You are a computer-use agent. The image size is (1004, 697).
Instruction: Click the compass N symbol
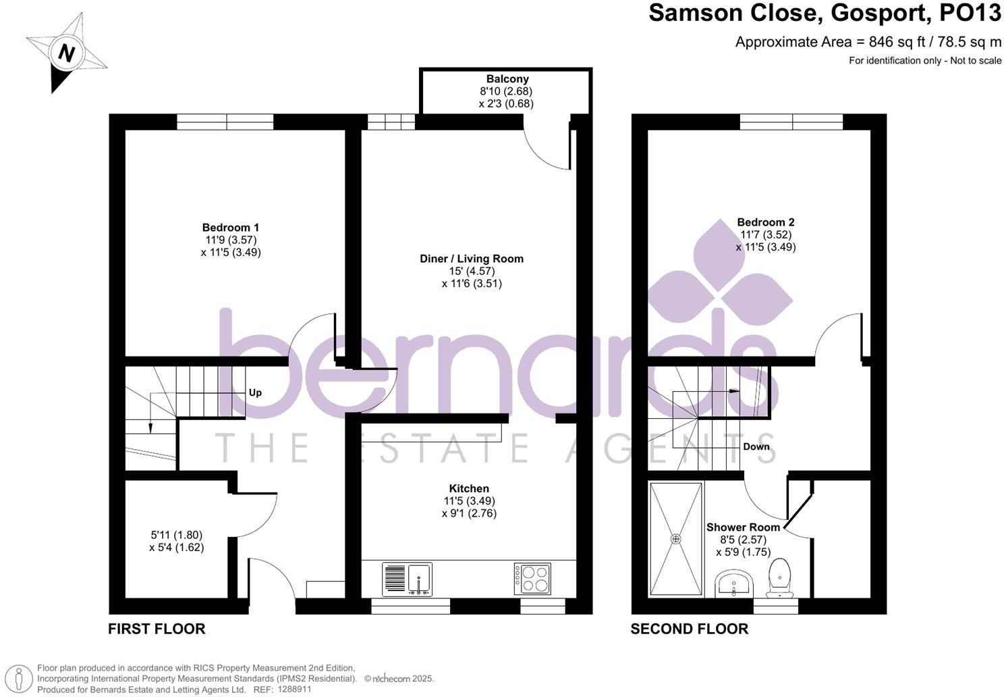click(65, 53)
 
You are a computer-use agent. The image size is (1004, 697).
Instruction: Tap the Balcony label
click(507, 79)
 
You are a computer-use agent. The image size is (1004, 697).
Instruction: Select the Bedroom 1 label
click(230, 228)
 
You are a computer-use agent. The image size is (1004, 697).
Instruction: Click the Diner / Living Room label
click(471, 259)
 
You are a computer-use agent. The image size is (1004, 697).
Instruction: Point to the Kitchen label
click(469, 488)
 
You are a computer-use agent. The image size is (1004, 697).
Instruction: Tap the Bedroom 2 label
click(765, 222)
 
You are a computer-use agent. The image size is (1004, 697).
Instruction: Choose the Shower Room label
click(742, 527)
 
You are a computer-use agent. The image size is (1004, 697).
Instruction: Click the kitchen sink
click(408, 579)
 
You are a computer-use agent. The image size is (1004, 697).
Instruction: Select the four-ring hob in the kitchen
click(532, 579)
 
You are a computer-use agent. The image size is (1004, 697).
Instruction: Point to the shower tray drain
click(675, 539)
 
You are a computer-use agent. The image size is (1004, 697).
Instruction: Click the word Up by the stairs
click(255, 392)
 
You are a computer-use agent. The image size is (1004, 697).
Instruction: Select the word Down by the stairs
click(756, 446)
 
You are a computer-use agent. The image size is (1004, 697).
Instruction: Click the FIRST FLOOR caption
click(157, 629)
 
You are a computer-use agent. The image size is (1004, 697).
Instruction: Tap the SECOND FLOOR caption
click(689, 629)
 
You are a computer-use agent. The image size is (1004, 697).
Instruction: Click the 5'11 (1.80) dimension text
click(176, 535)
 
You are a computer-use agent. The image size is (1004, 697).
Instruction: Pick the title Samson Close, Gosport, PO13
click(825, 14)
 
